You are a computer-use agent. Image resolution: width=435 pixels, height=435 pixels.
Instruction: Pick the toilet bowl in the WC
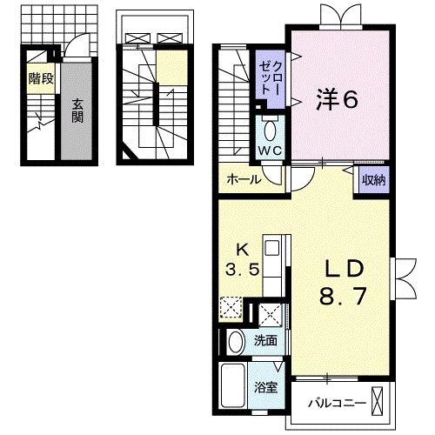coord(270,131)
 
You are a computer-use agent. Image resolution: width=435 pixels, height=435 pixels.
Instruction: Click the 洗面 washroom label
coord(265,340)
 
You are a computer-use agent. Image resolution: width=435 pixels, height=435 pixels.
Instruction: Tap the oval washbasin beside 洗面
coord(236,341)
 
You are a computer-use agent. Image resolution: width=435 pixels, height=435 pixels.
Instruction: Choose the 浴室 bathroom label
coord(266,387)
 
